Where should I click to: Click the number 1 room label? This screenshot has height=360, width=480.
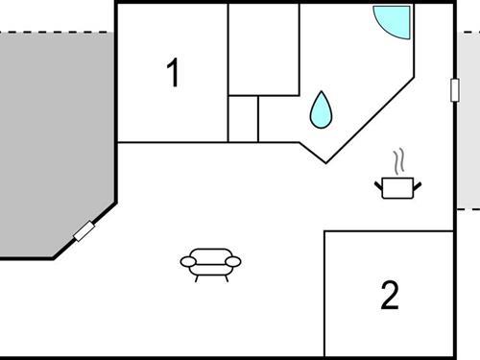click(x=173, y=73)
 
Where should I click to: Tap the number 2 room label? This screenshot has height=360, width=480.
click(x=389, y=295)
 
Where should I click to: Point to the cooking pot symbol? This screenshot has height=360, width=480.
click(x=396, y=187)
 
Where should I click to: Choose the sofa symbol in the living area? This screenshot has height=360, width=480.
click(x=210, y=261)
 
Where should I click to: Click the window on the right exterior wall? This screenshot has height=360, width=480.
click(x=455, y=88)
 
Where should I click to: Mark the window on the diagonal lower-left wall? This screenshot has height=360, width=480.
click(x=84, y=230)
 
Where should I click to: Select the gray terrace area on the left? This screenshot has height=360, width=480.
click(x=53, y=134)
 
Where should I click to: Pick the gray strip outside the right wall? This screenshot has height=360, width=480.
click(x=468, y=125)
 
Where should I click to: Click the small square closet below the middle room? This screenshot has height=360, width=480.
click(x=243, y=118)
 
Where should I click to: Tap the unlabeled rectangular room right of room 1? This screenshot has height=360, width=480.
click(x=263, y=48)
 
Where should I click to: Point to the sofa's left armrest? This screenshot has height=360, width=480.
click(x=187, y=261)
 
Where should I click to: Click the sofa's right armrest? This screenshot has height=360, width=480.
click(x=233, y=261)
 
